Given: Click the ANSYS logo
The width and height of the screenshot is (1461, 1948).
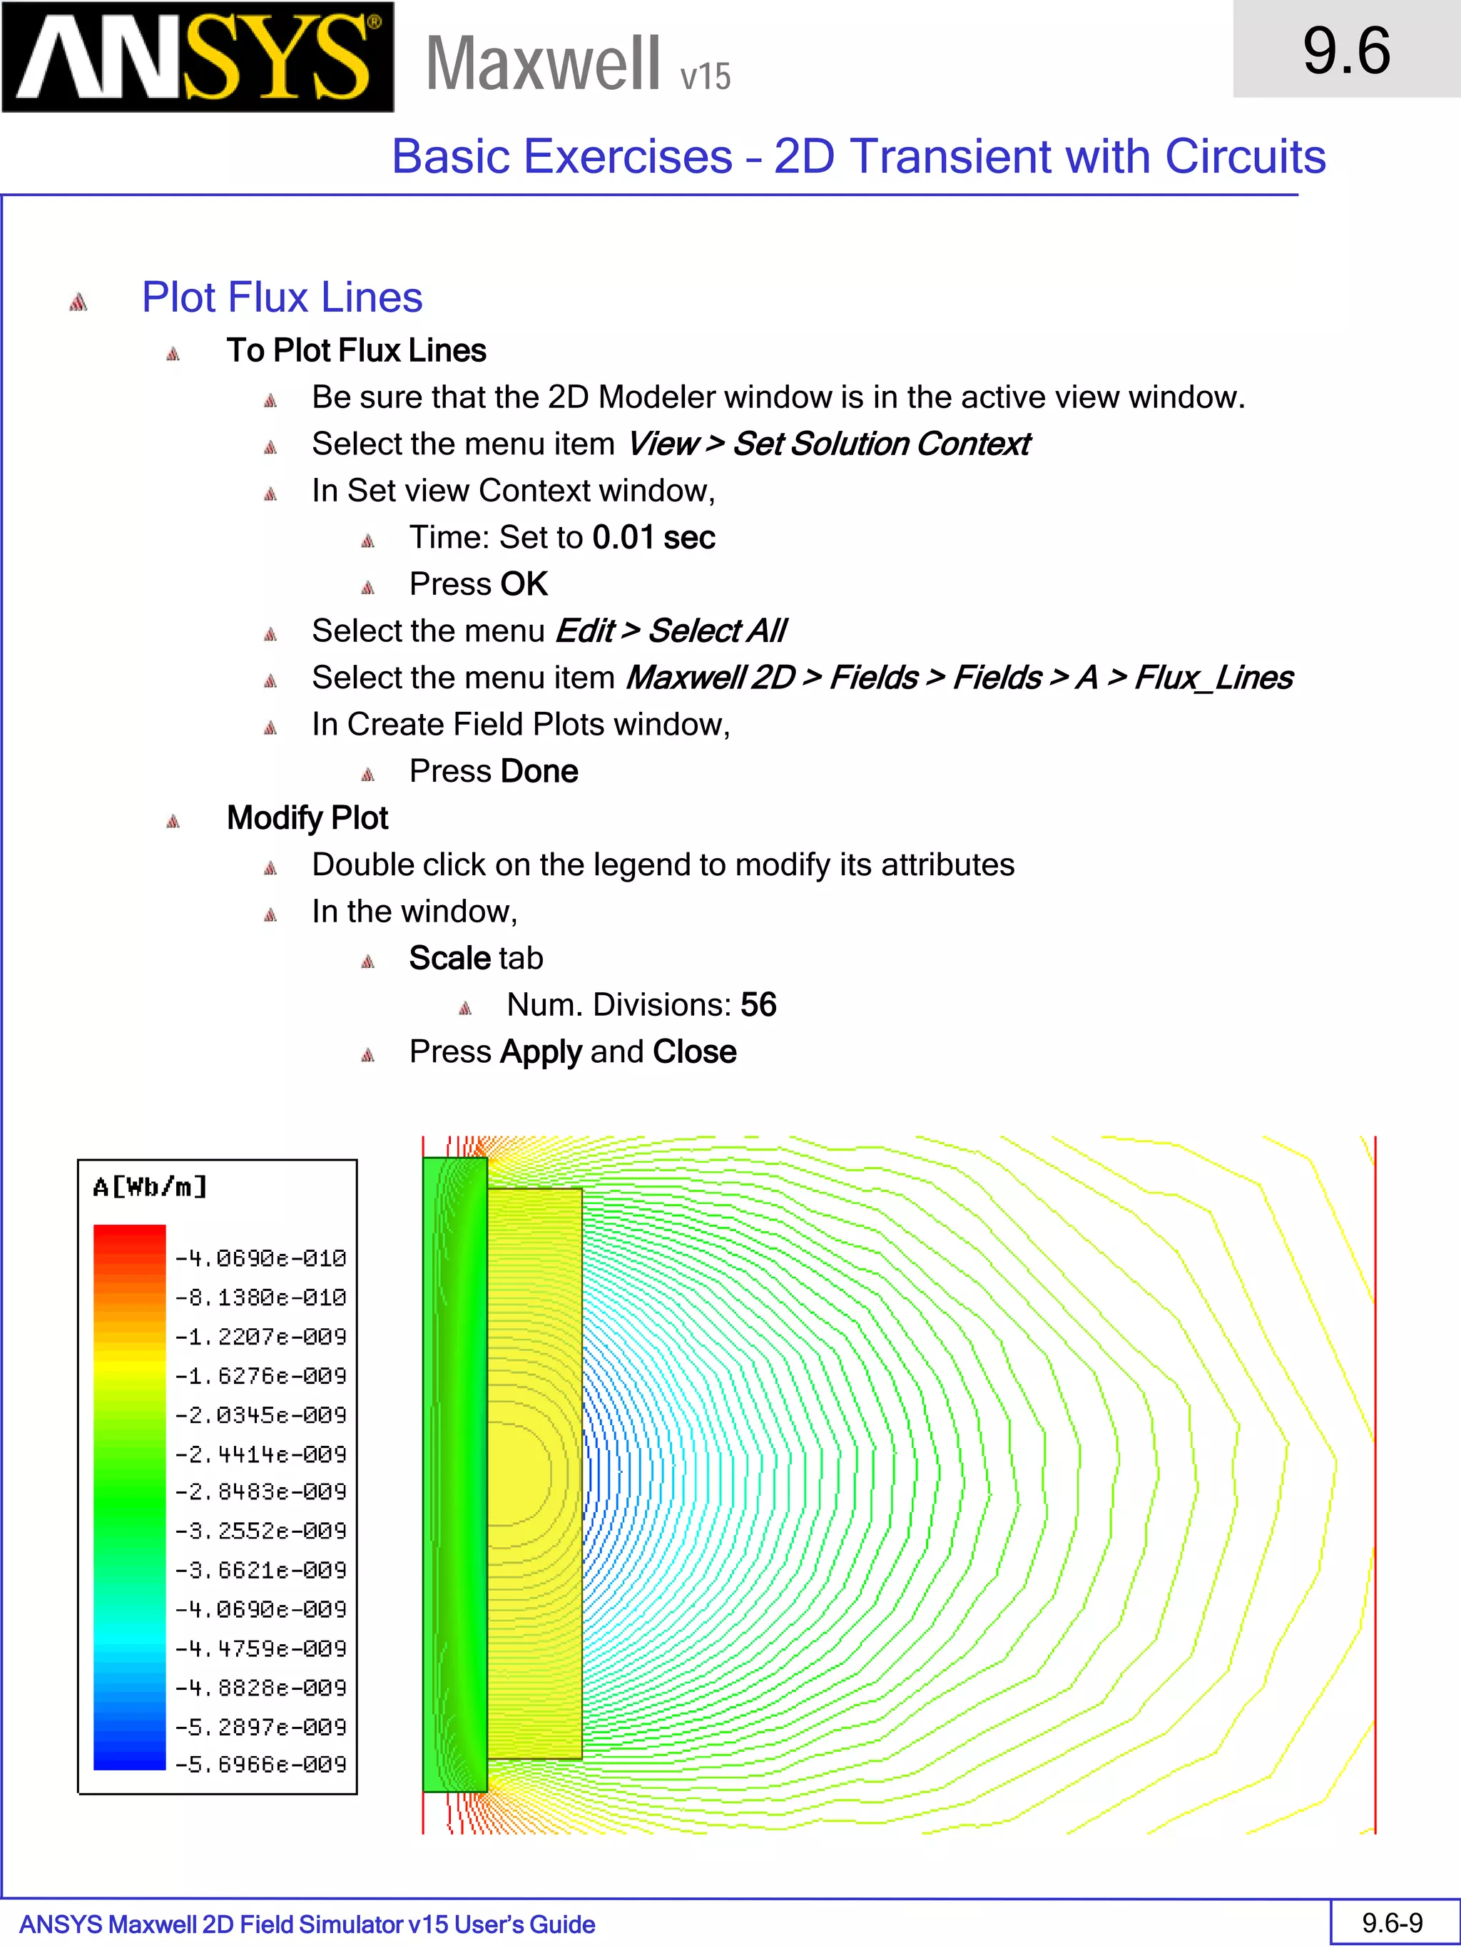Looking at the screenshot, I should [198, 57].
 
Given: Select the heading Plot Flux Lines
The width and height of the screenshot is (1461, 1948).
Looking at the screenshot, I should [282, 297].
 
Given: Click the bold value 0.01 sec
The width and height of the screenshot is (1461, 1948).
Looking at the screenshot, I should [653, 537].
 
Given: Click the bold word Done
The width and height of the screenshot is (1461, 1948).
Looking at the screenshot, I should [539, 772].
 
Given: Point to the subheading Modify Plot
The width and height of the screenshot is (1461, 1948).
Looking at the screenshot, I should [307, 818].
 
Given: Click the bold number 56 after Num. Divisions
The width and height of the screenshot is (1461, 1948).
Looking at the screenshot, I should [758, 1005].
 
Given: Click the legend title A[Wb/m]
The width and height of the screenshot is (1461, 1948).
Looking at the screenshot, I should [151, 1187].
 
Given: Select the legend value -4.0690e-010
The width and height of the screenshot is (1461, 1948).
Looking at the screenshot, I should [260, 1258].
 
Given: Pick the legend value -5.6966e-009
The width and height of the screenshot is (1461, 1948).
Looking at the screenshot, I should [260, 1764].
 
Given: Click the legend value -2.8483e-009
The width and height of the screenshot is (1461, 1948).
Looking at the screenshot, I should [260, 1491].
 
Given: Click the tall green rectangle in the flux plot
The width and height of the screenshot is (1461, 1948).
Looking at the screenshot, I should [454, 1474].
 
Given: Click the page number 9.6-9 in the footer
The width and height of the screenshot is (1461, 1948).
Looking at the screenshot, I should [1393, 1922].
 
